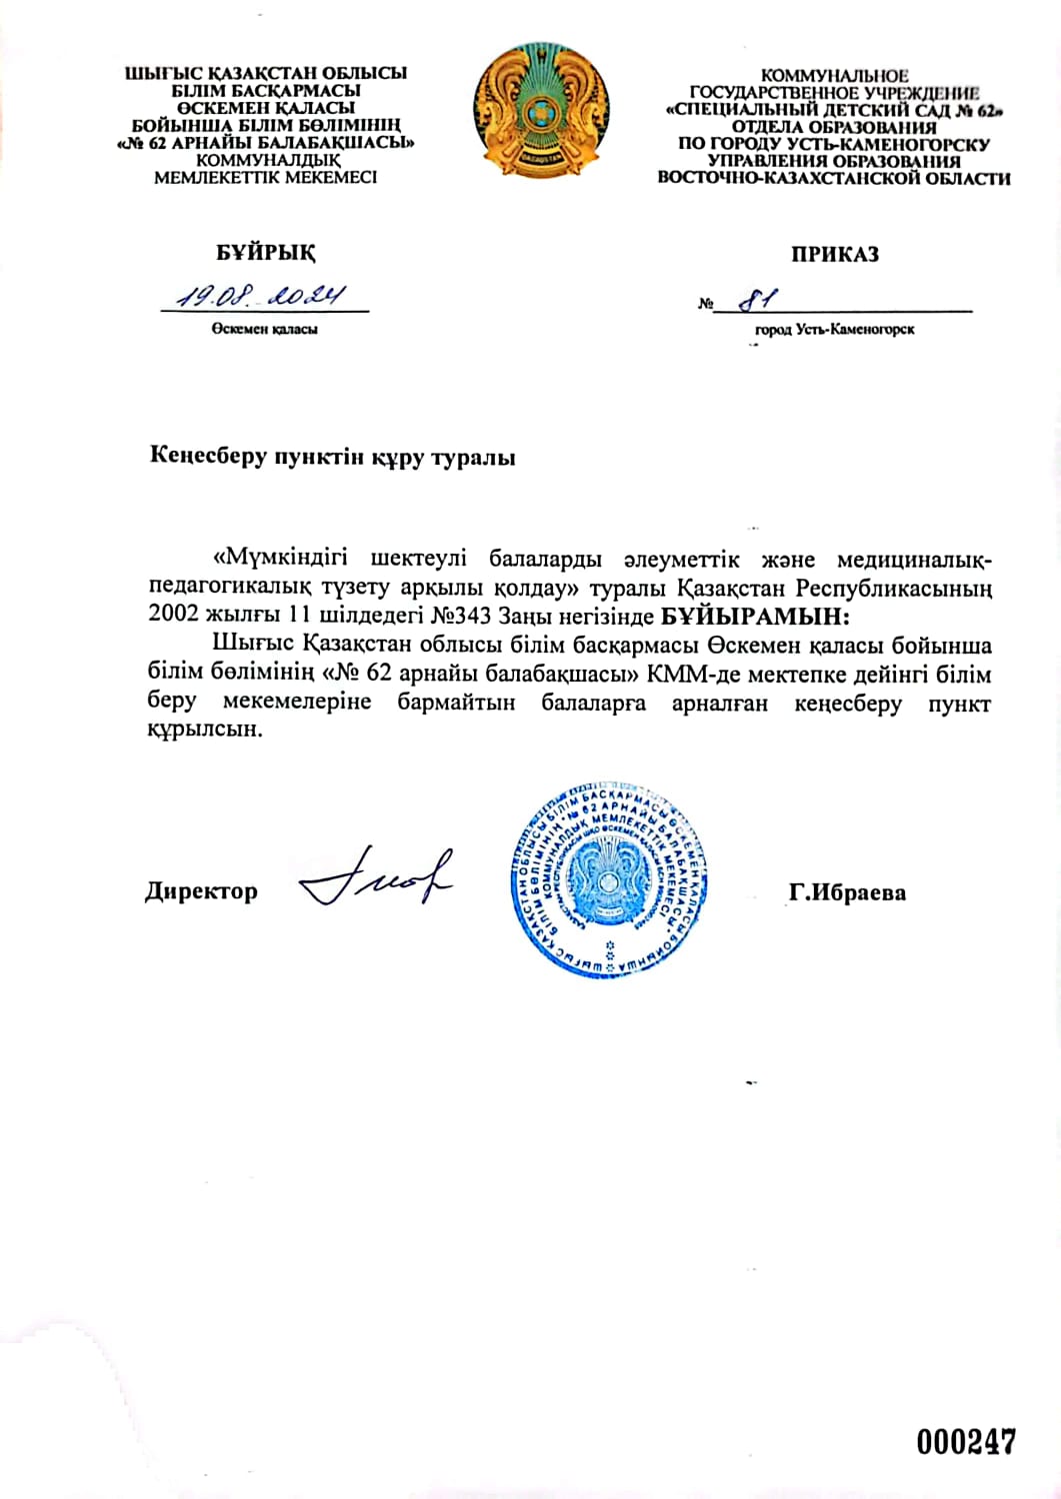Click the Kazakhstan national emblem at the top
[x=541, y=111]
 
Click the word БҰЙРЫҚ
[x=266, y=252]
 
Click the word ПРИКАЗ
[x=834, y=254]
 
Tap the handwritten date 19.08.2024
[x=261, y=296]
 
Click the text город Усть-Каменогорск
[x=834, y=329]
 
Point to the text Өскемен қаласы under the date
[x=264, y=329]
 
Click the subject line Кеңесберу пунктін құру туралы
[x=333, y=458]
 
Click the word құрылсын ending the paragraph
[x=204, y=730]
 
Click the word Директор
[x=201, y=890]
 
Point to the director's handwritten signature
[x=377, y=880]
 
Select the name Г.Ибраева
[x=846, y=891]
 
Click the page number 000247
[x=965, y=1441]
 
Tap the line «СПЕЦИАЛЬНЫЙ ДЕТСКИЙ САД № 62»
[x=833, y=110]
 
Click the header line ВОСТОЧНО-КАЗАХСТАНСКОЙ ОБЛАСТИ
[x=833, y=179]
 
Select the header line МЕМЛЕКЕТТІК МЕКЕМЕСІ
[x=265, y=178]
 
